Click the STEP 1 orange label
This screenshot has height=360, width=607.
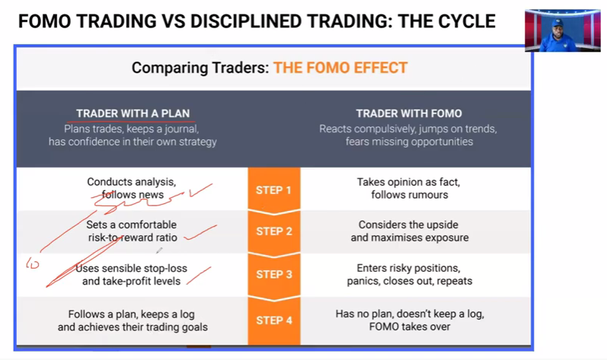[x=273, y=190]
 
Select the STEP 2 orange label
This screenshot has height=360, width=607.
[x=274, y=231]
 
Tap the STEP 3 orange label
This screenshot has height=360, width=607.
[x=274, y=274]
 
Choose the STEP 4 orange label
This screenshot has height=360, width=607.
[x=274, y=320]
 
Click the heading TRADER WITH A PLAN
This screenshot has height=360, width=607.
[x=133, y=113]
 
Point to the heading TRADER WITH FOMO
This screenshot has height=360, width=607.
[x=409, y=113]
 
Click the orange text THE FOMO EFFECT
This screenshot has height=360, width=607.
[x=340, y=68]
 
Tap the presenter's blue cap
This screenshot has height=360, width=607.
[x=557, y=23]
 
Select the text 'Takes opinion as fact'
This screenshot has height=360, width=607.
[x=408, y=182]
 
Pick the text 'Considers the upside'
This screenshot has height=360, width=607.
[x=408, y=225]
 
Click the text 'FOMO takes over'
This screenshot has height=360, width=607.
[x=410, y=327]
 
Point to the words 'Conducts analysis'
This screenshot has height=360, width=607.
[x=131, y=182]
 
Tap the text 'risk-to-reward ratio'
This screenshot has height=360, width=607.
[x=133, y=237]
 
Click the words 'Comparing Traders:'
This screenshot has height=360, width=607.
[x=200, y=68]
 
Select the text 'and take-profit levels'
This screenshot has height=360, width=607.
[x=131, y=281]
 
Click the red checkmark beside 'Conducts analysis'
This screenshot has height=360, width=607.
[x=200, y=190]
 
